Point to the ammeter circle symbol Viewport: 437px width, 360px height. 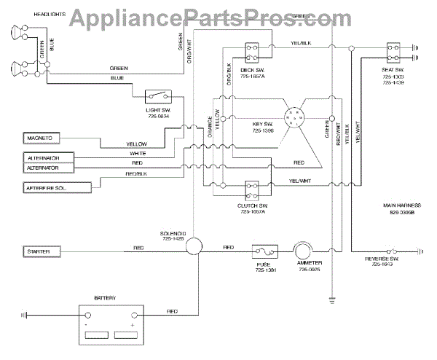click(302, 251)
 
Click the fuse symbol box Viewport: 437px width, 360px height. click(262, 251)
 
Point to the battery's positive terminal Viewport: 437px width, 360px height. click(135, 316)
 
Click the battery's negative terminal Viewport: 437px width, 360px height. click(87, 316)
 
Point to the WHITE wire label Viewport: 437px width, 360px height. click(138, 154)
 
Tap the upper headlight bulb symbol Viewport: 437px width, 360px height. click(15, 32)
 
